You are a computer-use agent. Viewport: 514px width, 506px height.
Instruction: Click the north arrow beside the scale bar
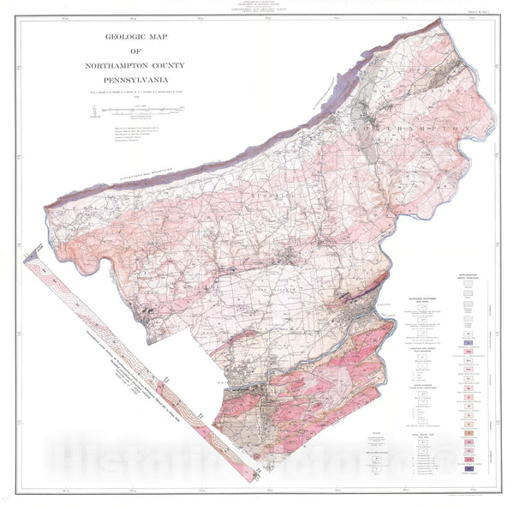[93, 109]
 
